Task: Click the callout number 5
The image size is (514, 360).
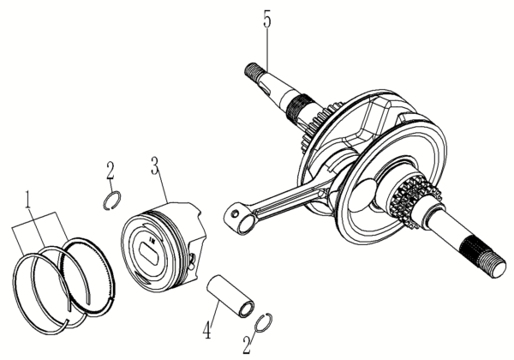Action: (267, 20)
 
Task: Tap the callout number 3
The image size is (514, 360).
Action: (154, 164)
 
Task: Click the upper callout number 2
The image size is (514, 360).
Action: (111, 170)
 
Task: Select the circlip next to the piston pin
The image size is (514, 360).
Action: (265, 323)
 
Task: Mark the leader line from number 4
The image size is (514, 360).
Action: (212, 309)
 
